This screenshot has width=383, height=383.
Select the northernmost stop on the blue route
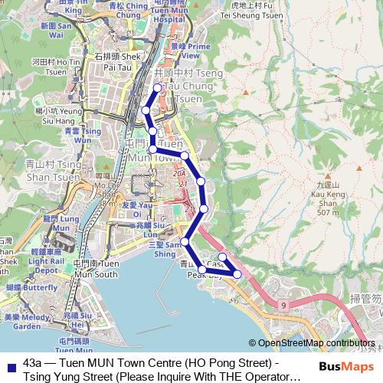(x=158, y=88)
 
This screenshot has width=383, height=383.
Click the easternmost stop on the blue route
(x=237, y=273)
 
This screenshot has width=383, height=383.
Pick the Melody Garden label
(x=28, y=321)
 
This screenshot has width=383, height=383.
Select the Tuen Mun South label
(x=97, y=269)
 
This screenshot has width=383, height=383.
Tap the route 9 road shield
(x=283, y=306)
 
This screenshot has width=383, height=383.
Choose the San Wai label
(x=58, y=30)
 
